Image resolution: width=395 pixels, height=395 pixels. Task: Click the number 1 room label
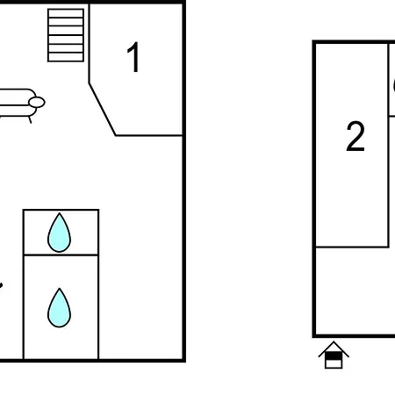point(133,57)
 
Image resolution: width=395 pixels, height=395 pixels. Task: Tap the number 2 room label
point(355,136)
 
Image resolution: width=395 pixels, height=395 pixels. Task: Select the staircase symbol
point(66,35)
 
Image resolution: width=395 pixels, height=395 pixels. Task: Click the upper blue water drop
point(59,233)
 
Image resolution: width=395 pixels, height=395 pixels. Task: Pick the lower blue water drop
point(59,307)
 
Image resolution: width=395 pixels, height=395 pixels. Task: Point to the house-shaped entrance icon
point(334,355)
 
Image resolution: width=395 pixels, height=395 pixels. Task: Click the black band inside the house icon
point(334,356)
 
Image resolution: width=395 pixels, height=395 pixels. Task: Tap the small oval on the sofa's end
point(37,103)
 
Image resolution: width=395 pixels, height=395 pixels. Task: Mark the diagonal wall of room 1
point(103,110)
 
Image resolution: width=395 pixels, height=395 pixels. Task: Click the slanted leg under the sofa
point(30,119)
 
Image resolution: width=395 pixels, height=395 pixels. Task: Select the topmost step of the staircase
point(66,13)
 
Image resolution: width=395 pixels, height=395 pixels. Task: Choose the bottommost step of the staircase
point(66,57)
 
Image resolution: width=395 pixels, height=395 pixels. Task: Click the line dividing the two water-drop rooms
point(61,255)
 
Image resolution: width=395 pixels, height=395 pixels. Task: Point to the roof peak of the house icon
point(334,341)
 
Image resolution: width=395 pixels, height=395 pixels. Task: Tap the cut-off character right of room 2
point(393,85)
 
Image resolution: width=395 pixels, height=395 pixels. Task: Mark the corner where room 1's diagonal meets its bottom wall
point(116,135)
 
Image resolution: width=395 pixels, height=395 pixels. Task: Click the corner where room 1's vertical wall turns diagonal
point(90,83)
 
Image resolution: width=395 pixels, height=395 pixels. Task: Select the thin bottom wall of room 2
point(352,247)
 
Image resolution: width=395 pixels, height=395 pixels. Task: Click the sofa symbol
point(18,103)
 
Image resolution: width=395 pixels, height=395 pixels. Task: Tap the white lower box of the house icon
point(334,363)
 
